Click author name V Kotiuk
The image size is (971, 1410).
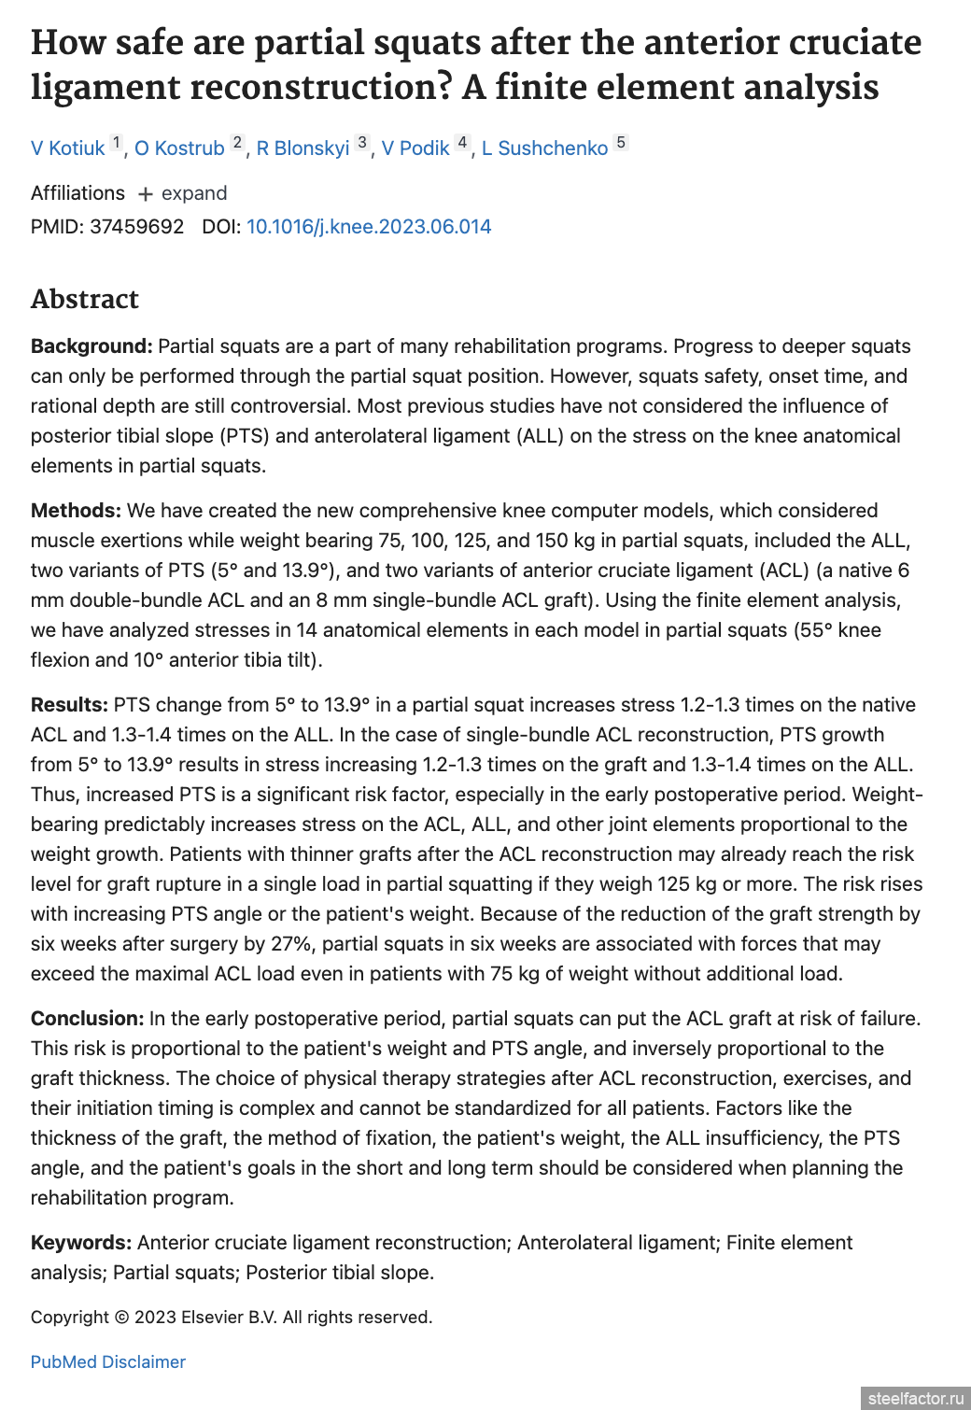(x=67, y=148)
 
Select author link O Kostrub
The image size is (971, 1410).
(x=179, y=148)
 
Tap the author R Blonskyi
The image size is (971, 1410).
(x=303, y=148)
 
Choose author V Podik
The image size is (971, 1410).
(x=415, y=148)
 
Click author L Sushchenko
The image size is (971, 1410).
(x=544, y=148)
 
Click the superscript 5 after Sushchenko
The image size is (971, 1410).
(x=621, y=143)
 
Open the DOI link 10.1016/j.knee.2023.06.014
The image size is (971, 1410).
(x=369, y=227)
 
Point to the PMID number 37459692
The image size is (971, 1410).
(x=136, y=227)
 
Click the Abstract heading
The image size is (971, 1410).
(x=85, y=299)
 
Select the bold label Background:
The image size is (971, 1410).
(x=91, y=346)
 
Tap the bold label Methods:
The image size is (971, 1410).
(x=76, y=511)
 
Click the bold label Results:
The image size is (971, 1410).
(x=69, y=705)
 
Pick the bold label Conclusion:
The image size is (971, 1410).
(x=87, y=1019)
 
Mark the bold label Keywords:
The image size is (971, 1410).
(x=81, y=1243)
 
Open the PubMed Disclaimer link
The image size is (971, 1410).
(x=108, y=1362)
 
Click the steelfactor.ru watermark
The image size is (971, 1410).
(x=915, y=1398)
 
